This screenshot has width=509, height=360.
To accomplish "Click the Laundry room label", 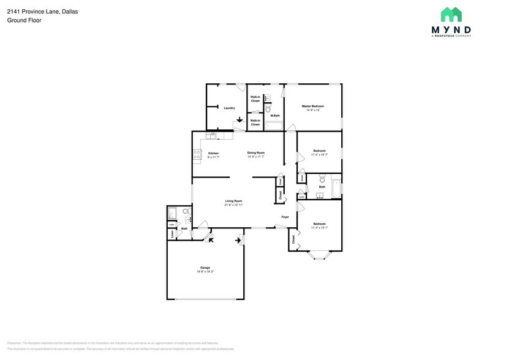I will point(229,108).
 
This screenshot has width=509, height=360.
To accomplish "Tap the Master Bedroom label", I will point(313,106).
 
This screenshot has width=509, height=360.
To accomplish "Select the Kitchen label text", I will point(213,153).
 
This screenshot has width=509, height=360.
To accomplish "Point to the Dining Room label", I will point(255,153).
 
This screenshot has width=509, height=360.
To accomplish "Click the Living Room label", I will point(233,201).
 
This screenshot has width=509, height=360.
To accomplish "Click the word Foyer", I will point(285,217).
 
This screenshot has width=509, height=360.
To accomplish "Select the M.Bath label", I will point(275,116).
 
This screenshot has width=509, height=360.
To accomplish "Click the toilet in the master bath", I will point(268,109).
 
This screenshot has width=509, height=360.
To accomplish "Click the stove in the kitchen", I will point(197,155).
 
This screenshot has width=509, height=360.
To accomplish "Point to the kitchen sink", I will point(213,135).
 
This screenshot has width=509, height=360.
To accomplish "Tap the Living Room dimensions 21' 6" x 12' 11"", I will point(233,205).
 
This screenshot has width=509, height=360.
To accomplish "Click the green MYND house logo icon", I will point(451,15).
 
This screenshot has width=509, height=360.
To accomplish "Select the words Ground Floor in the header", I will point(24,20).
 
